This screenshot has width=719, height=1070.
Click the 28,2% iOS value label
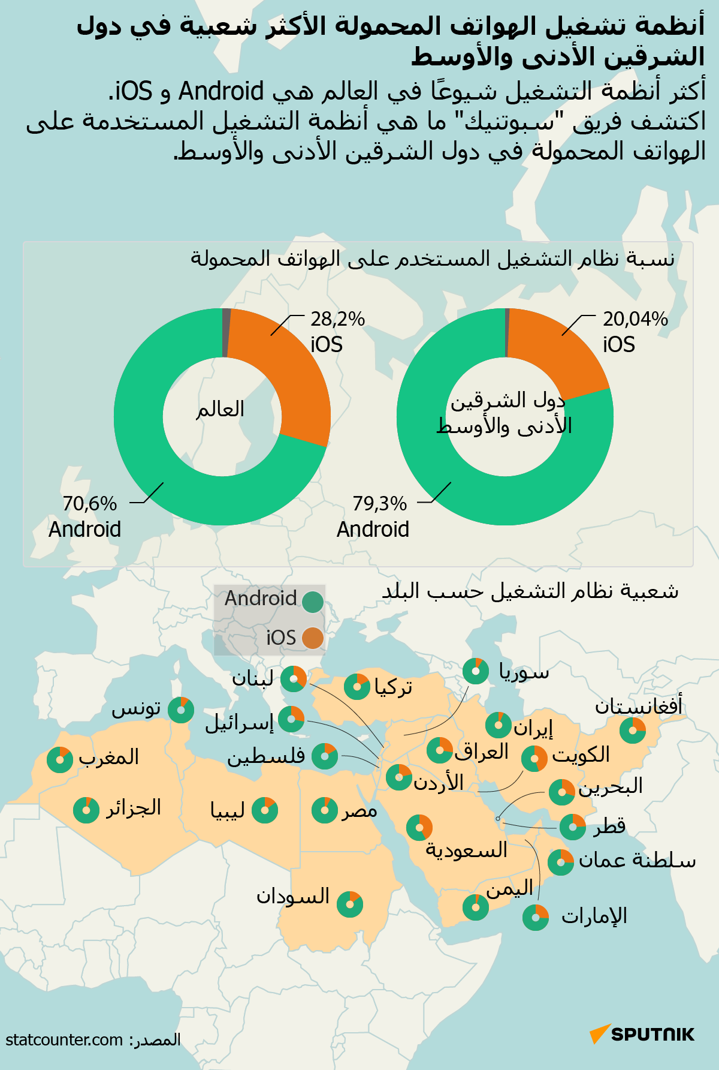tap(337, 320)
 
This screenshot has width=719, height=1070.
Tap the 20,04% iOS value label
tap(635, 320)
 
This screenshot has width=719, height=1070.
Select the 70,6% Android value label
tap(90, 504)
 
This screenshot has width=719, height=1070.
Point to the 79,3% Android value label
tap(379, 504)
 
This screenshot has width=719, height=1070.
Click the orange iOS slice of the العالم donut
tap(288, 372)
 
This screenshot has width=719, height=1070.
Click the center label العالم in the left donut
tap(220, 410)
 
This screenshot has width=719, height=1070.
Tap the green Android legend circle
tap(313, 602)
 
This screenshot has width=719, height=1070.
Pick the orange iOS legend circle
tap(313, 638)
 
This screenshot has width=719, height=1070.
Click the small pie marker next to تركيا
tap(357, 686)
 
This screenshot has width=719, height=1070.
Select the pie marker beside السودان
tap(350, 904)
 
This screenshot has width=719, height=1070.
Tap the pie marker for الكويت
tap(534, 759)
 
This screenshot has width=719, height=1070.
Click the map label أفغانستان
tap(638, 706)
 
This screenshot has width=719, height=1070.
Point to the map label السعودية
tap(466, 850)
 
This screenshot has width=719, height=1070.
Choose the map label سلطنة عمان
tap(637, 861)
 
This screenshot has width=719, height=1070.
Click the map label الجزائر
tap(134, 808)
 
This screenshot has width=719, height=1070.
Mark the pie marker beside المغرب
tap(60, 760)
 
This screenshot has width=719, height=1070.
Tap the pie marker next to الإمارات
tap(536, 918)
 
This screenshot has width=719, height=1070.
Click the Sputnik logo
tap(642, 1034)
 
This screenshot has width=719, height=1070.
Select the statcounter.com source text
tap(64, 1040)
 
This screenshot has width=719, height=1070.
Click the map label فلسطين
tap(266, 757)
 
